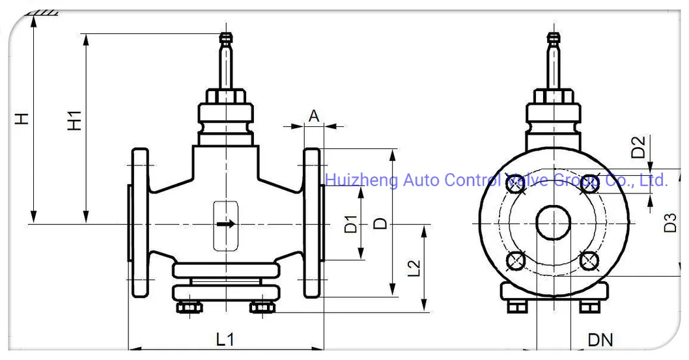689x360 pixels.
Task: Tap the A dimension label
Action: tap(314, 116)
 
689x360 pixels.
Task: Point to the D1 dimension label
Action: tap(350, 224)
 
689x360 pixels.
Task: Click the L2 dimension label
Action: tap(413, 269)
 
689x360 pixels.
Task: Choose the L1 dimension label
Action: tap(225, 339)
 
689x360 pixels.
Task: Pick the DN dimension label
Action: tap(600, 339)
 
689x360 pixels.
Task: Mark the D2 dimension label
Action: tap(639, 147)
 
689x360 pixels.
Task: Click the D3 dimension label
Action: tap(671, 223)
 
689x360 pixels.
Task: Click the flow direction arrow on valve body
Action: tap(225, 225)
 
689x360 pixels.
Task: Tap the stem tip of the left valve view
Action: tap(225, 38)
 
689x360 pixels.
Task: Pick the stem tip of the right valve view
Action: tap(554, 38)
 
